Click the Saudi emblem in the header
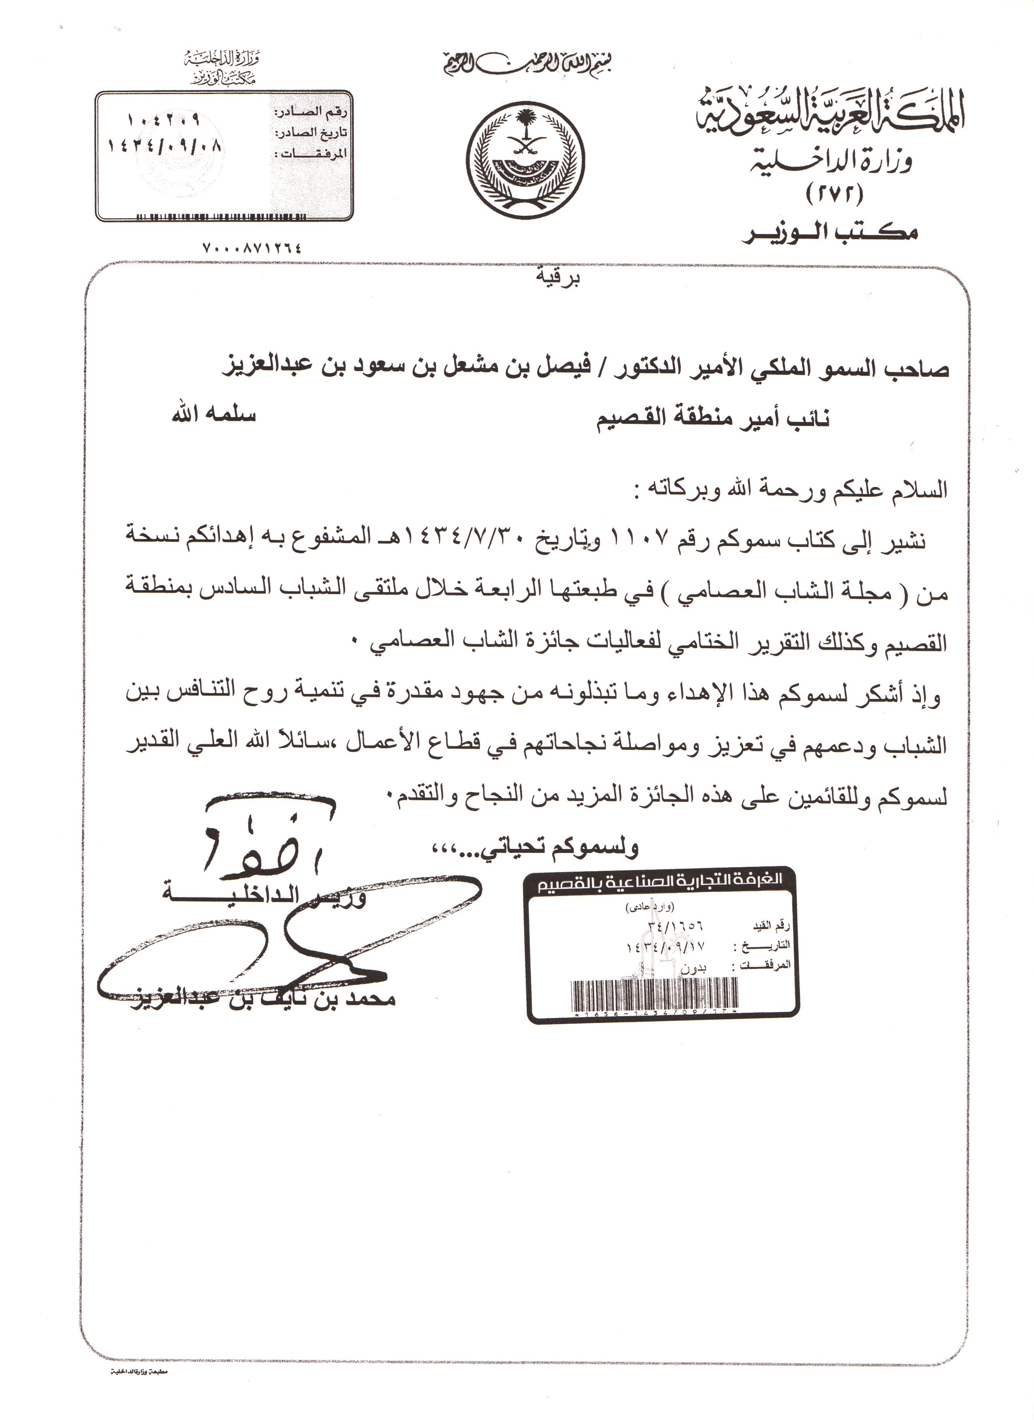pyautogui.click(x=528, y=157)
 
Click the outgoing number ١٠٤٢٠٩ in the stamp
pyautogui.click(x=163, y=118)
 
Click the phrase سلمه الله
pyautogui.click(x=214, y=417)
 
